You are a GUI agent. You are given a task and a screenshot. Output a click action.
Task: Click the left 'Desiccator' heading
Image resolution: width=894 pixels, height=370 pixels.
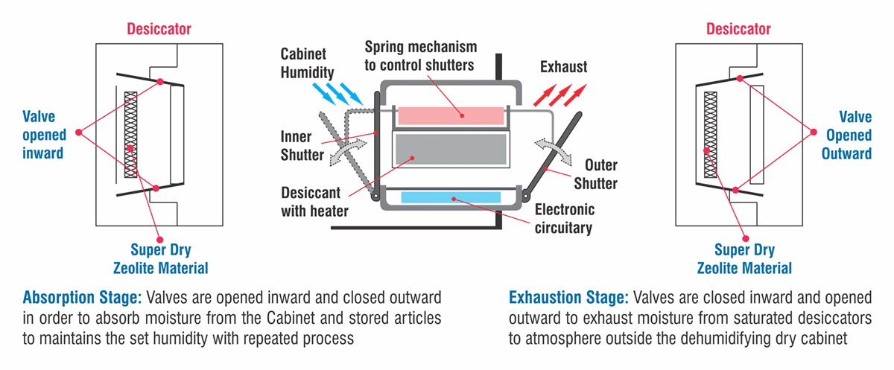(159, 29)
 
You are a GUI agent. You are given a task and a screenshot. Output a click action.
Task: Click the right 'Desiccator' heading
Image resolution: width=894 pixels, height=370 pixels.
(738, 29)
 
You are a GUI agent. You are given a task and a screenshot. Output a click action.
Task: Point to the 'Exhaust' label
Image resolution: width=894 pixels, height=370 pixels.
(563, 66)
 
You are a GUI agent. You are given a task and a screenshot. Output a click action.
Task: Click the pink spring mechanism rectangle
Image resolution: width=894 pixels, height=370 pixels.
(451, 115)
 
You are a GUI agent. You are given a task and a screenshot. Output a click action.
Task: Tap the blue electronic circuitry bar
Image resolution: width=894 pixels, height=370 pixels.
(451, 197)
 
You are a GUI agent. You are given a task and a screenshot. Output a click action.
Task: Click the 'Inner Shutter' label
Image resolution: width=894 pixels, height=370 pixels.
(302, 146)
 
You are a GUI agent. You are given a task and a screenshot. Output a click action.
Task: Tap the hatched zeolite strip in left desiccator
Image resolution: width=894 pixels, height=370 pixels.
(130, 134)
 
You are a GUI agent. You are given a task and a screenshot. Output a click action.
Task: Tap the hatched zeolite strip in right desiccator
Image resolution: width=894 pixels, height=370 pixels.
(709, 134)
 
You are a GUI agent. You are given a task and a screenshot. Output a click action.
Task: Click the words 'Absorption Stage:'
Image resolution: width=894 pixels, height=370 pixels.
(82, 298)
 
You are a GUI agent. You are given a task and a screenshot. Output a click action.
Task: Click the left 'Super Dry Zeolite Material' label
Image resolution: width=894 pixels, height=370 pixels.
(159, 258)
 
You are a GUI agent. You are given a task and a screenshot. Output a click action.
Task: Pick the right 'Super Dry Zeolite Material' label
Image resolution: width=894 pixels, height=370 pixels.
(744, 258)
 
